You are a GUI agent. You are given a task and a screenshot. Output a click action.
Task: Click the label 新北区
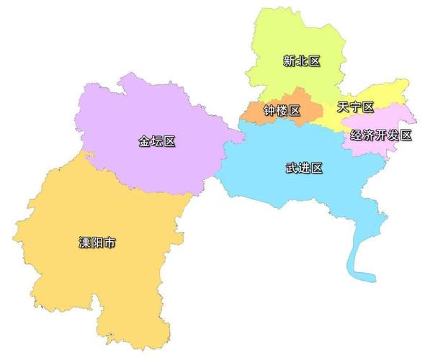pyautogui.click(x=301, y=62)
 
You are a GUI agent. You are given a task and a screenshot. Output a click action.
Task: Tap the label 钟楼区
pyautogui.click(x=281, y=112)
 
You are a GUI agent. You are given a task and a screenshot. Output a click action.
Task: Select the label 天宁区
pyautogui.click(x=356, y=108)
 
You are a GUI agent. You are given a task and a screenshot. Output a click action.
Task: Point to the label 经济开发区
pyautogui.click(x=381, y=135)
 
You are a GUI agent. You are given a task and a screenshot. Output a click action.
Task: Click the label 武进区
pyautogui.click(x=303, y=168)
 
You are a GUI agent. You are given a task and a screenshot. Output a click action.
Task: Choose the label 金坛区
pyautogui.click(x=157, y=141)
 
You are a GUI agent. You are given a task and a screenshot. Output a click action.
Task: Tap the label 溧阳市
pyautogui.click(x=97, y=243)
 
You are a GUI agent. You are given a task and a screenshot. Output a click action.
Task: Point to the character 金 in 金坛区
pyautogui.click(x=145, y=141)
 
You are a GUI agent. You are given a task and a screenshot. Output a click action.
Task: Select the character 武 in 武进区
pyautogui.click(x=291, y=168)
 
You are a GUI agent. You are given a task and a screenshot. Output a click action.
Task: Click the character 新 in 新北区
pyautogui.click(x=289, y=62)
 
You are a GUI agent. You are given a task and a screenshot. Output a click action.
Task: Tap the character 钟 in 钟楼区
pyautogui.click(x=269, y=112)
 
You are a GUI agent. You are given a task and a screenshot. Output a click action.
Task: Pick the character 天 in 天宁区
pyautogui.click(x=344, y=108)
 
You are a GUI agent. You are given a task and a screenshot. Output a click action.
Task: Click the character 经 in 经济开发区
pyautogui.click(x=357, y=135)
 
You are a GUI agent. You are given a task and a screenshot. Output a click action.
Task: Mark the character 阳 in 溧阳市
pyautogui.click(x=97, y=243)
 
